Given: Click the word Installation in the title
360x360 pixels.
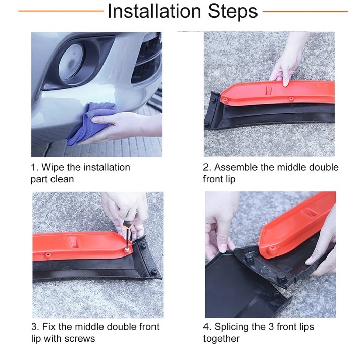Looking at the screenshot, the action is pyautogui.click(x=155, y=11).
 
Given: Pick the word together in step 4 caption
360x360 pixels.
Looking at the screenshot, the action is pyautogui.click(x=221, y=339).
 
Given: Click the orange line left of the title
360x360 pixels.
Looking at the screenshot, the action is pyautogui.click(x=61, y=11).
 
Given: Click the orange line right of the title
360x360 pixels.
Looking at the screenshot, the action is pyautogui.click(x=305, y=11).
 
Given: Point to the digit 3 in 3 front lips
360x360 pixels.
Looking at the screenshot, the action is pyautogui.click(x=271, y=327).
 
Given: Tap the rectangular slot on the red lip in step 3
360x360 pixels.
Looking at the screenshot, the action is pyautogui.click(x=74, y=242).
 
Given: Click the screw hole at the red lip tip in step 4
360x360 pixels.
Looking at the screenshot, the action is pyautogui.click(x=272, y=249).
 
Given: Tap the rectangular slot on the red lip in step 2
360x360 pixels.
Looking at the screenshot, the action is pyautogui.click(x=269, y=90).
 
